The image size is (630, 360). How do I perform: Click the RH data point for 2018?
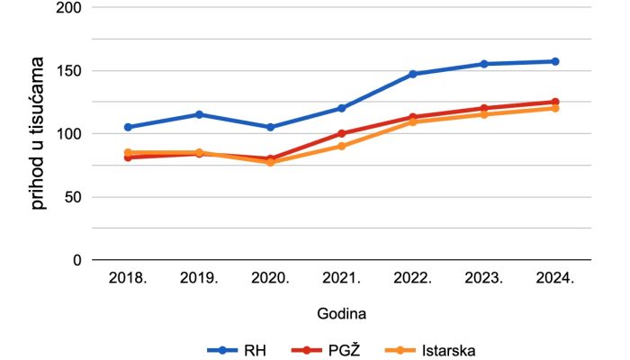pos(128,127)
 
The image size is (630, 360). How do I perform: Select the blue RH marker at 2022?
pos(413,74)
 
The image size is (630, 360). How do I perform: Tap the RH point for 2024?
pos(555,61)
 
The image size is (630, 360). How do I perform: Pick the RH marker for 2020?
pos(270,127)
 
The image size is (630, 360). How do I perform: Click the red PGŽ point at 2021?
pos(342,133)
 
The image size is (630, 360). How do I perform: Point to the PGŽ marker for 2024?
pos(555,102)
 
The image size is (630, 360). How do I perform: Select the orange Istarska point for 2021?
pos(342,146)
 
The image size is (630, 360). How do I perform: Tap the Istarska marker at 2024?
pos(555,108)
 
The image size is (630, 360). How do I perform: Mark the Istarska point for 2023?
pos(484,114)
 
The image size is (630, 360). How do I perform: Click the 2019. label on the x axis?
pos(199,279)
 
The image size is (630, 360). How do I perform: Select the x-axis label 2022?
pos(413,279)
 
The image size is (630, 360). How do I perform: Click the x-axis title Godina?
pos(341,313)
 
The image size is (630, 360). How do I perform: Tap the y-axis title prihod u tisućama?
pos(38,133)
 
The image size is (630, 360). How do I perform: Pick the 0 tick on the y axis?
pos(77,259)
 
